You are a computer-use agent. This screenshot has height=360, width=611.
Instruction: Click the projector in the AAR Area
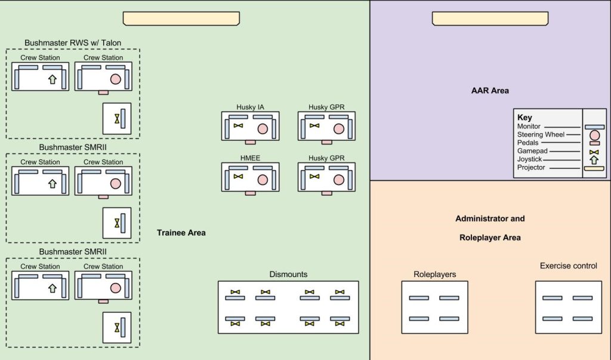pos(490,19)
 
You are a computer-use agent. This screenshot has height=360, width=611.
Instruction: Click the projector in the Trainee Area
pos(181,19)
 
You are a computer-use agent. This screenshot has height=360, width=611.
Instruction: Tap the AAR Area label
pos(490,91)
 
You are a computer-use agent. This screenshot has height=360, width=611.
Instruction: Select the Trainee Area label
pos(181,233)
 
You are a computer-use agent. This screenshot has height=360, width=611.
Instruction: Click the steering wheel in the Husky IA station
pos(263,128)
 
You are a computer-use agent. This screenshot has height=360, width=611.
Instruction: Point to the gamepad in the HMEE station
pos(239,177)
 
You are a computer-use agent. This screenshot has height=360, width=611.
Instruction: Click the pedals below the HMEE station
pos(250,193)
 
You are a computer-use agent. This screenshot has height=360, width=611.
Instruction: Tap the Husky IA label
pos(250,107)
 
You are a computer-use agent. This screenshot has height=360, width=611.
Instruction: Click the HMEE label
pos(250,159)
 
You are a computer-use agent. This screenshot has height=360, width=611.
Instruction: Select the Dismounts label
pos(288,275)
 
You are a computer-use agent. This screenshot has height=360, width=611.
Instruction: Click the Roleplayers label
pos(434,275)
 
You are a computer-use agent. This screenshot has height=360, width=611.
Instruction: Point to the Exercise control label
pos(568,266)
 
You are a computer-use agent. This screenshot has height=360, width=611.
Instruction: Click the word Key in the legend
pos(524,118)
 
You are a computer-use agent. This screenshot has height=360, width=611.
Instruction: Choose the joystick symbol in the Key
pos(594,160)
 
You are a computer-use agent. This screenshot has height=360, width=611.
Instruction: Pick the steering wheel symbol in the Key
pos(594,136)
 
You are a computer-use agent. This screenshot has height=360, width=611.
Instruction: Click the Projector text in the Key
pos(531,168)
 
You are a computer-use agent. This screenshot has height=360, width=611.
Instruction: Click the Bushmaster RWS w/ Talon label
pos(73,43)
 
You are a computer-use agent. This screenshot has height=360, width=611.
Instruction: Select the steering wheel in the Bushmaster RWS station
pos(116,79)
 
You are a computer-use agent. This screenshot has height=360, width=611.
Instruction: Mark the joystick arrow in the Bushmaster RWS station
pos(52,79)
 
